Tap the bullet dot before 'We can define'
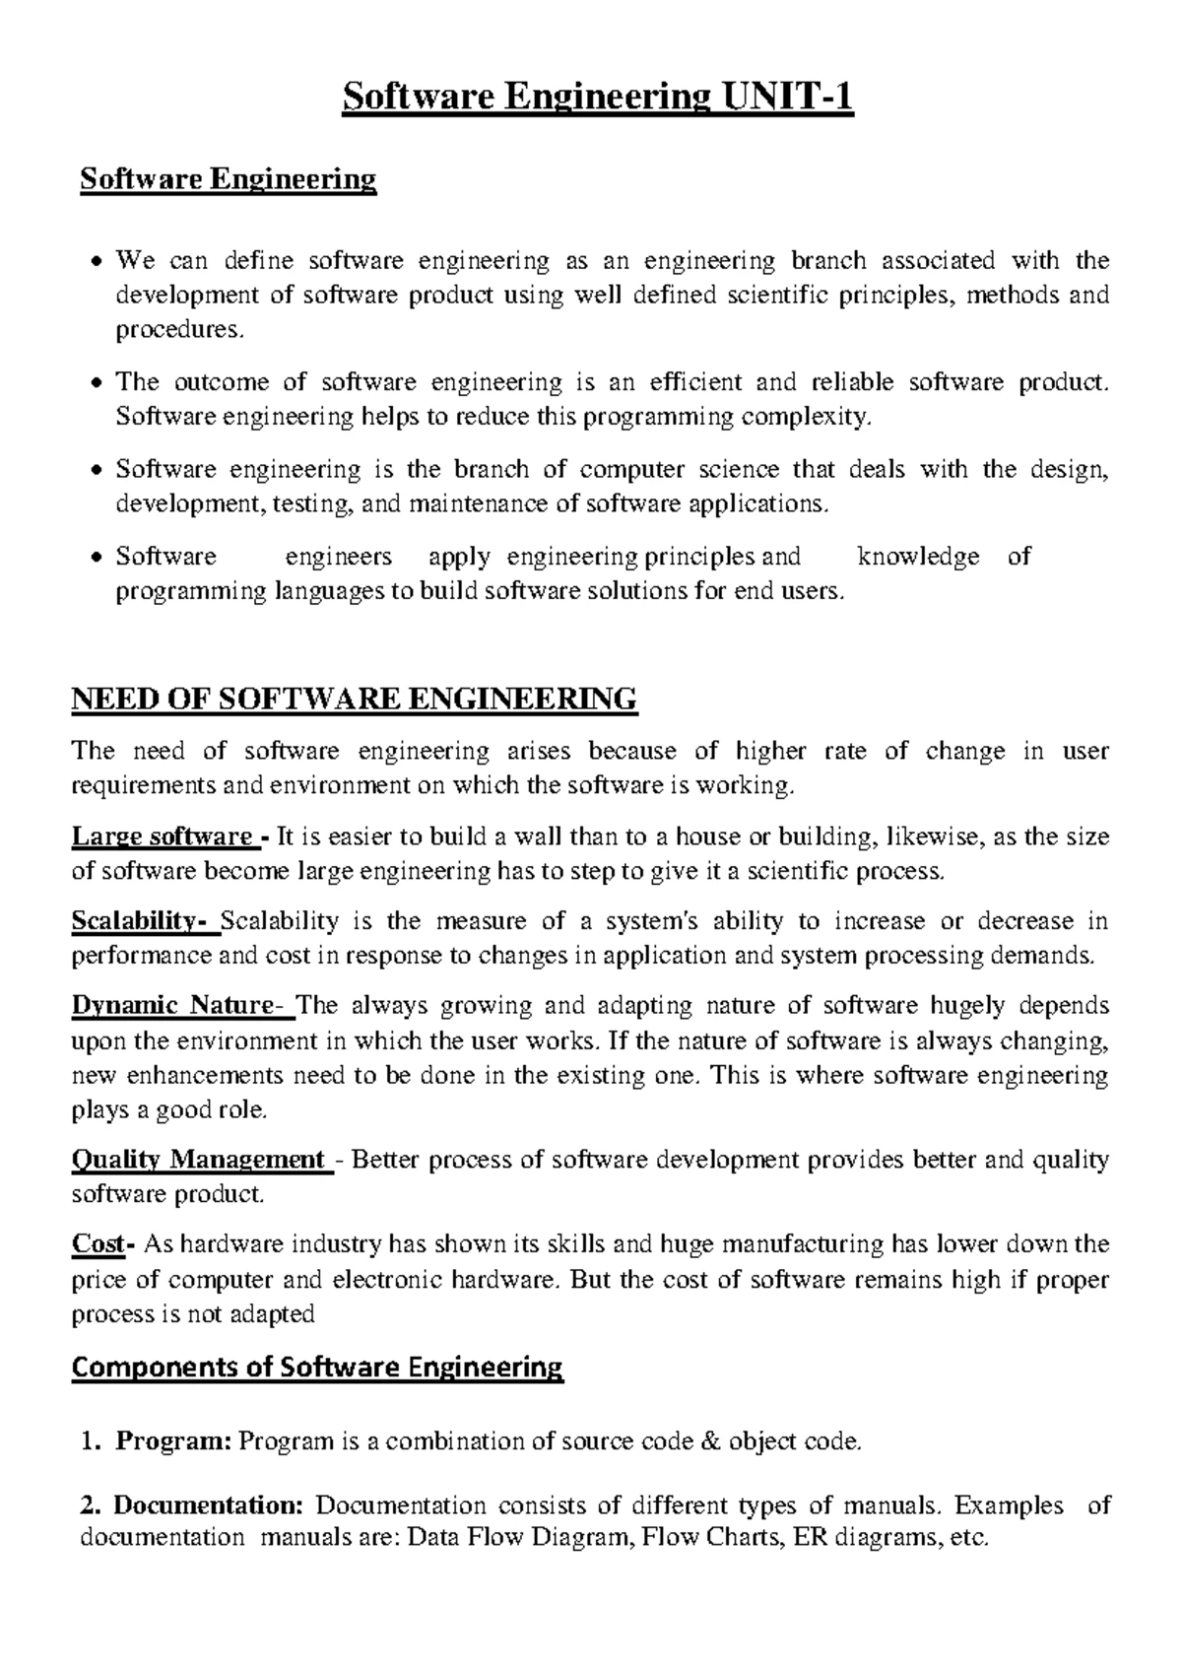pos(95,262)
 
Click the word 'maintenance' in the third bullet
pos(472,504)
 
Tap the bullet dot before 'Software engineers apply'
pos(95,558)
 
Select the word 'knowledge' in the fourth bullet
pos(918,556)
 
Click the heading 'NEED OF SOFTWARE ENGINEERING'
pos(355,700)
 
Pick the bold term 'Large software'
pos(163,836)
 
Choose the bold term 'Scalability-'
pos(145,921)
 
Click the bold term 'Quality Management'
pos(199,1160)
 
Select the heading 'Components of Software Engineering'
pos(317,1368)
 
